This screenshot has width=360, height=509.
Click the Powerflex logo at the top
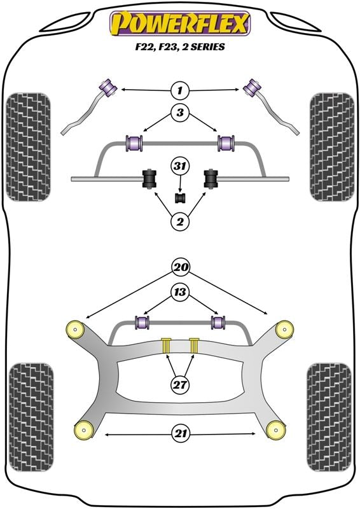181,24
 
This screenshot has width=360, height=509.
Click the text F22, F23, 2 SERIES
181,48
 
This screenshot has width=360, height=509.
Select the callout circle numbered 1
180,90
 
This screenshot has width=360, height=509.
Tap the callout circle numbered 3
180,115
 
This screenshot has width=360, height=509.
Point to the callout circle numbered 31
180,167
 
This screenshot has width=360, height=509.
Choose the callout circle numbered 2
180,221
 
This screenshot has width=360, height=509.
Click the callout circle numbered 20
180,267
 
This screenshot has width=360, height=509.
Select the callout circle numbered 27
180,384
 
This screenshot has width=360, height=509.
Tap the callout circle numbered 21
180,435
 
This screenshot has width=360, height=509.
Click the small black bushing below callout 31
181,198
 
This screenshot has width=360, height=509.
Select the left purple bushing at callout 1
107,86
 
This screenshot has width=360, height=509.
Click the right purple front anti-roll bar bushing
225,143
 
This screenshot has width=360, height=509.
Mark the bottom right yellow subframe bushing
276,429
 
